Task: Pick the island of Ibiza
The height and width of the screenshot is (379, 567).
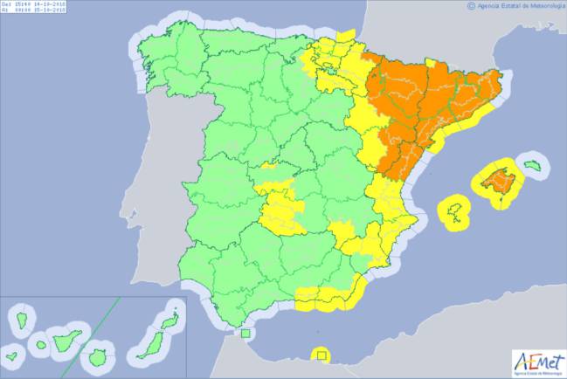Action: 454,210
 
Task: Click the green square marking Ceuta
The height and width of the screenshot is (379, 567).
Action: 246,333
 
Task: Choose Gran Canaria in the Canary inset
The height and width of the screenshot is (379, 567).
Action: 97,357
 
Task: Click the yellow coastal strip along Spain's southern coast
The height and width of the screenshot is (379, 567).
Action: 323,298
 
